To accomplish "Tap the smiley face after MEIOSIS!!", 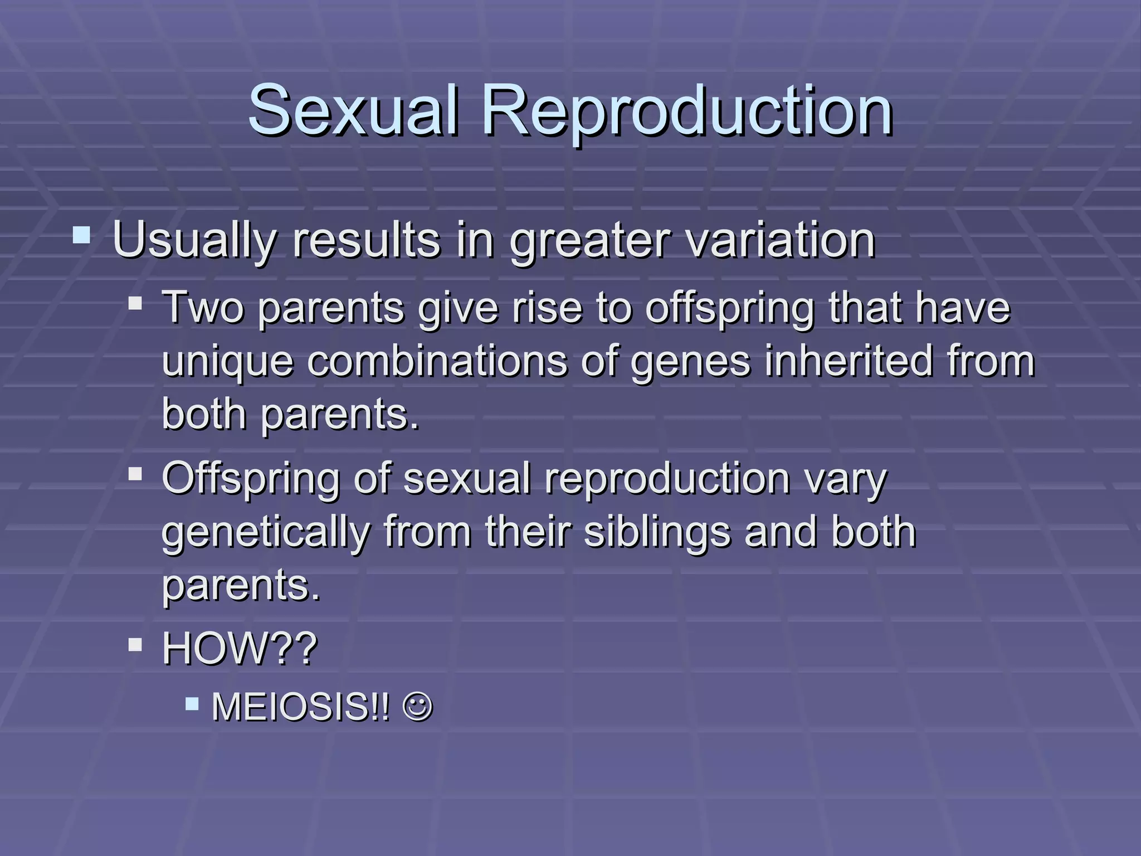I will (417, 707).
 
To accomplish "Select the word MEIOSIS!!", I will (301, 707).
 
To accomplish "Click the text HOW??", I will (240, 648).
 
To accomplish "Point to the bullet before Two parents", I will (135, 304).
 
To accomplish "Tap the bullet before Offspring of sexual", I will (135, 474).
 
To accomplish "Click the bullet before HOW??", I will (135, 645).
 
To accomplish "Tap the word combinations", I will (436, 361).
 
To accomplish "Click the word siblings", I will (657, 532).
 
